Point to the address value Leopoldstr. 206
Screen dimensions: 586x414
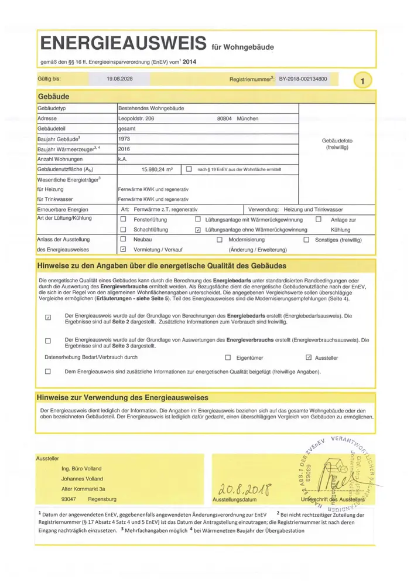point(137,118)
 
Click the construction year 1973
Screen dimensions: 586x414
point(124,139)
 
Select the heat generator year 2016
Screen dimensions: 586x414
point(124,149)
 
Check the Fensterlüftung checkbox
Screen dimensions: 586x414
point(123,219)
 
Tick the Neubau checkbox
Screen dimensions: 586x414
point(123,240)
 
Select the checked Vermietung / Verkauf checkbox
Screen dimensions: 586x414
point(123,249)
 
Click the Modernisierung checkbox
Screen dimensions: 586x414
point(219,240)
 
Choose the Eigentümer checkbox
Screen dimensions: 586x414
point(228,357)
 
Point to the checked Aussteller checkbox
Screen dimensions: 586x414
point(309,357)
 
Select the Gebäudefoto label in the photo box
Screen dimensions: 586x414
point(337,141)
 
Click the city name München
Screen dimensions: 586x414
point(248,118)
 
